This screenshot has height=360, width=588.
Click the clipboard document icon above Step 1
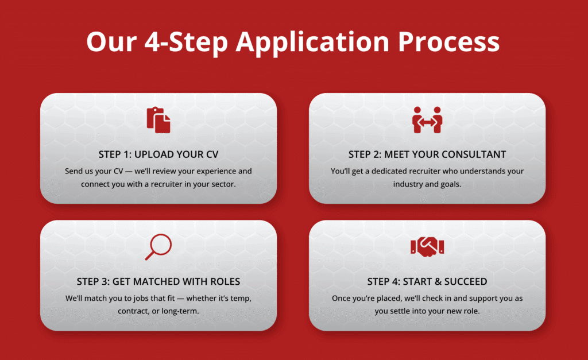(x=158, y=120)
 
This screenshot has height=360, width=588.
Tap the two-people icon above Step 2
(x=427, y=120)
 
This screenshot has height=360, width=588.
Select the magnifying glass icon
(x=158, y=247)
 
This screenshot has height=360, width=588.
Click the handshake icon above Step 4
(x=427, y=247)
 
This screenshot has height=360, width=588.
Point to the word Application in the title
(x=312, y=42)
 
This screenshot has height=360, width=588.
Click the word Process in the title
(x=448, y=41)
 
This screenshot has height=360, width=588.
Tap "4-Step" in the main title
(x=186, y=42)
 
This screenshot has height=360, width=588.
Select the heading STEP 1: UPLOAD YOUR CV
(x=158, y=154)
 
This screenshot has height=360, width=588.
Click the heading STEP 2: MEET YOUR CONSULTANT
(x=427, y=154)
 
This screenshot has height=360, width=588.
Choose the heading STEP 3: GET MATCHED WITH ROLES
(x=158, y=281)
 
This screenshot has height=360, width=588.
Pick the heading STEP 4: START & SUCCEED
(x=427, y=281)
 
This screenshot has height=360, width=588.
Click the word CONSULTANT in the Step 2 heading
(x=474, y=154)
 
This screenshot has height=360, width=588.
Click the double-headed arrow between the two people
(x=427, y=122)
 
